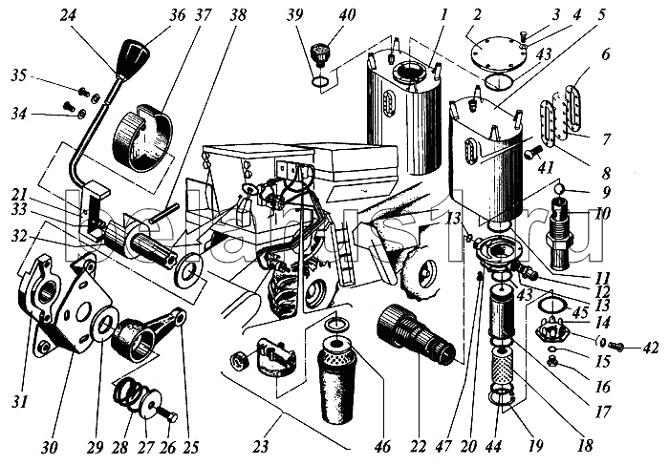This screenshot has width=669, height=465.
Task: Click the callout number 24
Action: click(x=69, y=15)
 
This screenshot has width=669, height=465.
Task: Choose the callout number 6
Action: click(x=604, y=56)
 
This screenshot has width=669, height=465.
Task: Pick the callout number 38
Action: click(x=237, y=15)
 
